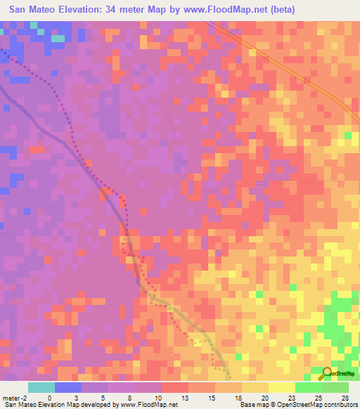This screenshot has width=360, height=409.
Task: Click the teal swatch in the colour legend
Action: [41, 387]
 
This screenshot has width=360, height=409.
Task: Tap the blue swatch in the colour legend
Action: [68, 387]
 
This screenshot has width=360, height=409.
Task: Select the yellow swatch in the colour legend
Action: [281, 387]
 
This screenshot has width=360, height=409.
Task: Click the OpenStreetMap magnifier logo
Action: [328, 372]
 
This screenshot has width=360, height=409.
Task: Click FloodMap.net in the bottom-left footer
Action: [148, 405]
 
